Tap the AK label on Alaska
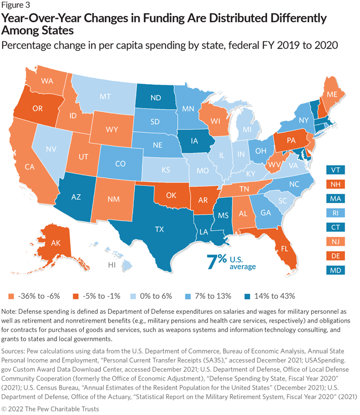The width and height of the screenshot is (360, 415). [x=40, y=242]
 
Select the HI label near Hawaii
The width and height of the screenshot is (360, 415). [x=111, y=266]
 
